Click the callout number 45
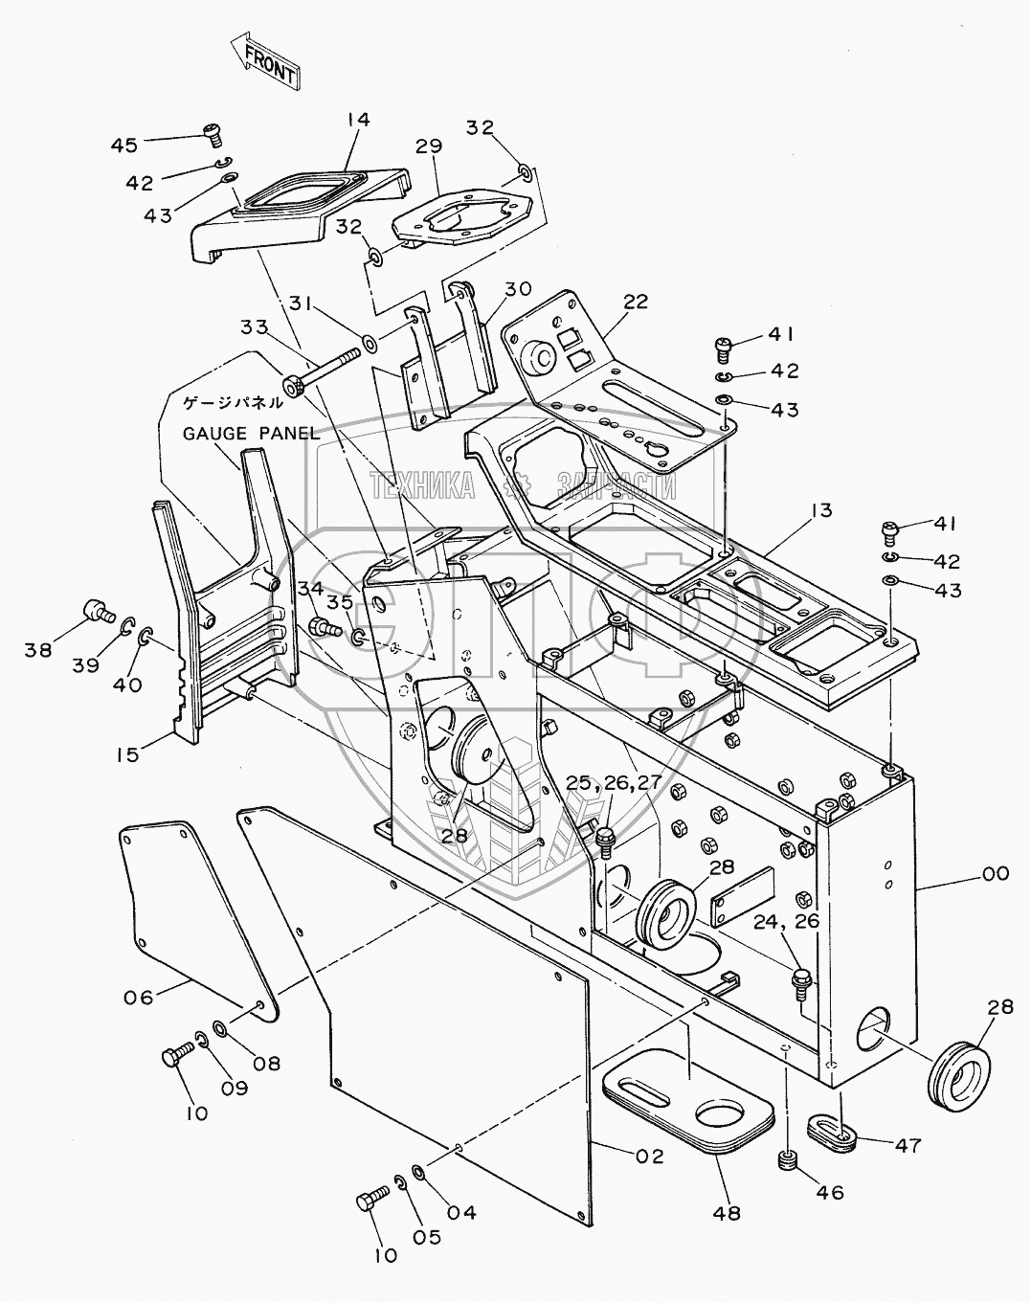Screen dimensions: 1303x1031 point(124,145)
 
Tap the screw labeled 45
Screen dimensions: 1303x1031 point(212,132)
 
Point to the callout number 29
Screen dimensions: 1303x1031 point(429,146)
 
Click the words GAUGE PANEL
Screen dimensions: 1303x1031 point(250,433)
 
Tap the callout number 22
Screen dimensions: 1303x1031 point(635,301)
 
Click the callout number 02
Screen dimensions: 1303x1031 point(648,1156)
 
